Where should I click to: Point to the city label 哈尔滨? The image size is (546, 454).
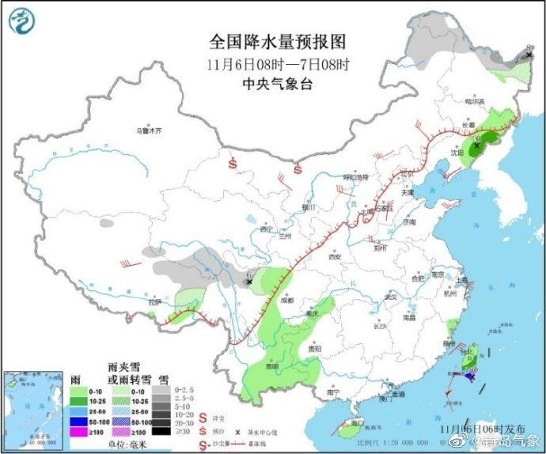[x=472, y=100]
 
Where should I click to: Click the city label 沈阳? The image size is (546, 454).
[x=457, y=153]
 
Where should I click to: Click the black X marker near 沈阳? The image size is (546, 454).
[x=477, y=146]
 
